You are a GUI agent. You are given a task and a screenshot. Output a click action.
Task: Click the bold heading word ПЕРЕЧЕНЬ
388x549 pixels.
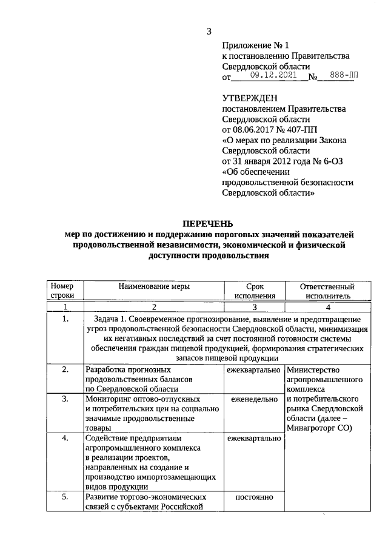coord(209,224)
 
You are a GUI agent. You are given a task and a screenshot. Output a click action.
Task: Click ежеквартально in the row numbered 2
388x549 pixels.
coord(253,369)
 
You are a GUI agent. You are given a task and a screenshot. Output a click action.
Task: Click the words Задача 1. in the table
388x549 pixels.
coord(115,318)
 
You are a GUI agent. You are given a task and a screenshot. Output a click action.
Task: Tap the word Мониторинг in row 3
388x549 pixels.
coord(109,399)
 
